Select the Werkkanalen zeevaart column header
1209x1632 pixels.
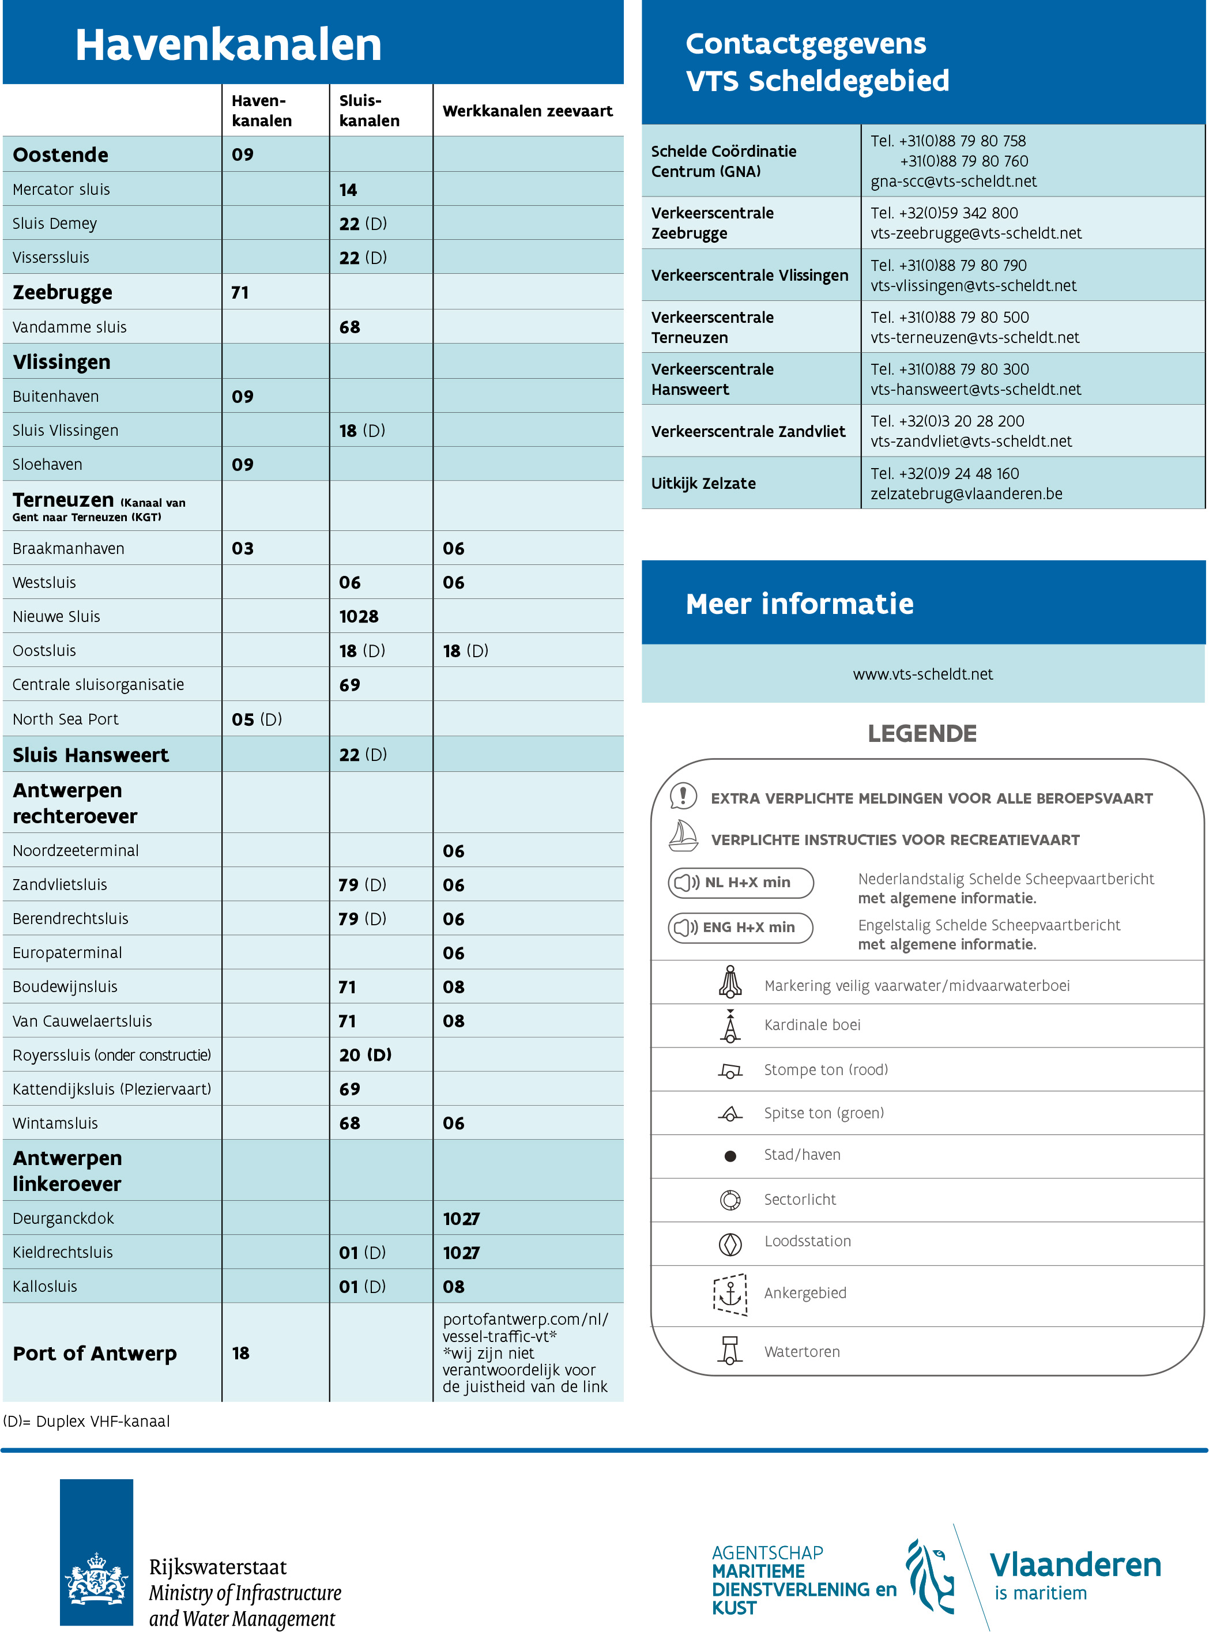(527, 111)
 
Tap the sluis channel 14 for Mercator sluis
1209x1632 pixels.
(348, 190)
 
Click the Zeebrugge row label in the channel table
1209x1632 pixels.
(62, 293)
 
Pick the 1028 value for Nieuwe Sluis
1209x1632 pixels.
(359, 617)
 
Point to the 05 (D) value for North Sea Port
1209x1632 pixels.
(256, 720)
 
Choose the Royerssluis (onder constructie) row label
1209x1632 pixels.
(111, 1056)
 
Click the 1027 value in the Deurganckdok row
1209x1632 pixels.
(461, 1219)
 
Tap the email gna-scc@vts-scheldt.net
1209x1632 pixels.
(953, 182)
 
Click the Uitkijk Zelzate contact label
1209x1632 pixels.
(703, 484)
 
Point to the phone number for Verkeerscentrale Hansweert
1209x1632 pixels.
(949, 370)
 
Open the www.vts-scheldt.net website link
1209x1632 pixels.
(923, 674)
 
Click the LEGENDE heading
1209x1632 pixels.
(922, 734)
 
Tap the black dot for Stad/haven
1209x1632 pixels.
(730, 1156)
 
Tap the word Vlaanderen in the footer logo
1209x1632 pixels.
(1075, 1565)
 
